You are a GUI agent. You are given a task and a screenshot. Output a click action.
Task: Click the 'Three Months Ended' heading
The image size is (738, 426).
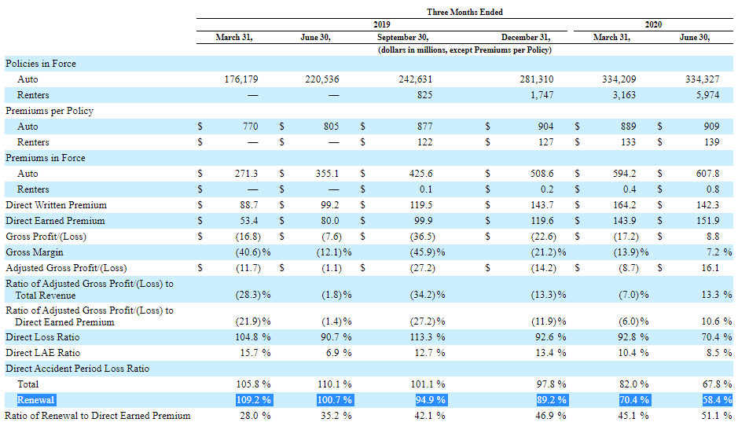464,12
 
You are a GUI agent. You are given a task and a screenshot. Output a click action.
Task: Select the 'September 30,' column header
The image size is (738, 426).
403,37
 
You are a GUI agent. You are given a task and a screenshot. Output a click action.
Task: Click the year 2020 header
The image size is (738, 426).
652,24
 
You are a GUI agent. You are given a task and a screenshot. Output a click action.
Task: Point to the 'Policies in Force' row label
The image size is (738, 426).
41,64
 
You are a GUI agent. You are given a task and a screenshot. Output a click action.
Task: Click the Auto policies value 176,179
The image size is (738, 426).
241,79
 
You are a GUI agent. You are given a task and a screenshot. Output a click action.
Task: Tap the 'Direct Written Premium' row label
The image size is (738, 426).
56,205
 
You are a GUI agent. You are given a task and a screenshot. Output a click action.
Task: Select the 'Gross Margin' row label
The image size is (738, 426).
35,252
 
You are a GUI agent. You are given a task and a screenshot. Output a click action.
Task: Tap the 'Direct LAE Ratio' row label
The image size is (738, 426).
42,353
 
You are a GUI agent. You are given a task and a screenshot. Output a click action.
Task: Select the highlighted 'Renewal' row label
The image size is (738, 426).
35,400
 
